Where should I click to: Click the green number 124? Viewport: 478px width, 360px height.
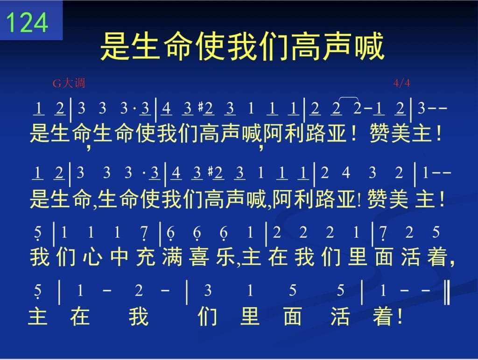(27, 22)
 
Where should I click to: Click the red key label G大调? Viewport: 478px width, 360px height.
(69, 83)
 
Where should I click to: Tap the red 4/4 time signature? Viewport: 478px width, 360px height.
(401, 83)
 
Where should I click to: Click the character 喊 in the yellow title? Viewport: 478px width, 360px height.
(369, 46)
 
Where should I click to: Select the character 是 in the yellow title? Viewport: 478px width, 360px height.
(115, 46)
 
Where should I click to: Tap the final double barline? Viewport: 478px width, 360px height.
(447, 292)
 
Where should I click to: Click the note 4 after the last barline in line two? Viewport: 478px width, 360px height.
(346, 173)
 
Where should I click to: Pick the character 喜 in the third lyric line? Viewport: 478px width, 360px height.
(199, 257)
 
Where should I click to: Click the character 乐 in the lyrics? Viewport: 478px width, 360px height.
(225, 257)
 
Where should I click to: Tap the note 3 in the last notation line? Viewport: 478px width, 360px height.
(208, 290)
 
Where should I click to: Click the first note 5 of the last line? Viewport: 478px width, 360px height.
(37, 291)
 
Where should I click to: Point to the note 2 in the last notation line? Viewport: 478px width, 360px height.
(139, 290)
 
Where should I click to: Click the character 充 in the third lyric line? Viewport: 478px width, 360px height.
(146, 257)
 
